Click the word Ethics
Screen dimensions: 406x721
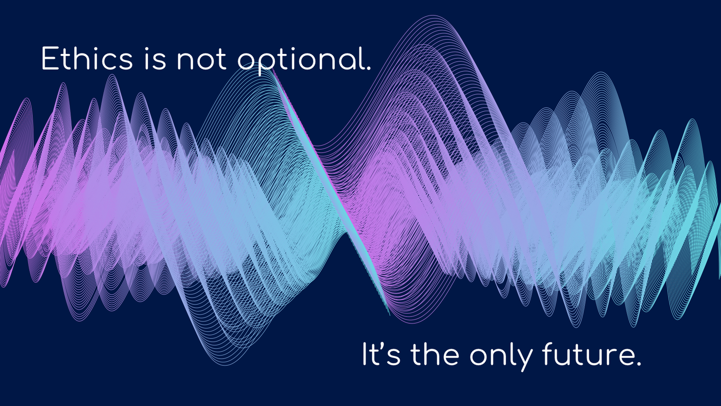tap(86, 59)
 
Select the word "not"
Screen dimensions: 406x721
tap(201, 60)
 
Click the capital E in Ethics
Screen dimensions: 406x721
tap(50, 59)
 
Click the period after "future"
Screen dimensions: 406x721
tap(639, 364)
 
